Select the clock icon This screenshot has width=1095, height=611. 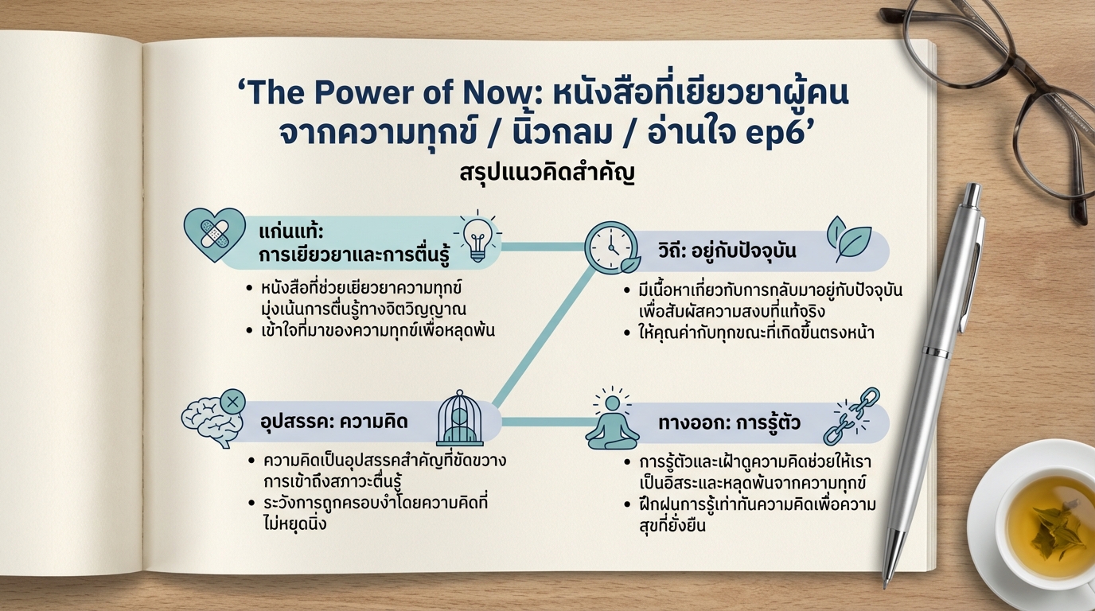(x=611, y=247)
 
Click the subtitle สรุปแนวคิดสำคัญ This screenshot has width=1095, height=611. (x=547, y=174)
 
